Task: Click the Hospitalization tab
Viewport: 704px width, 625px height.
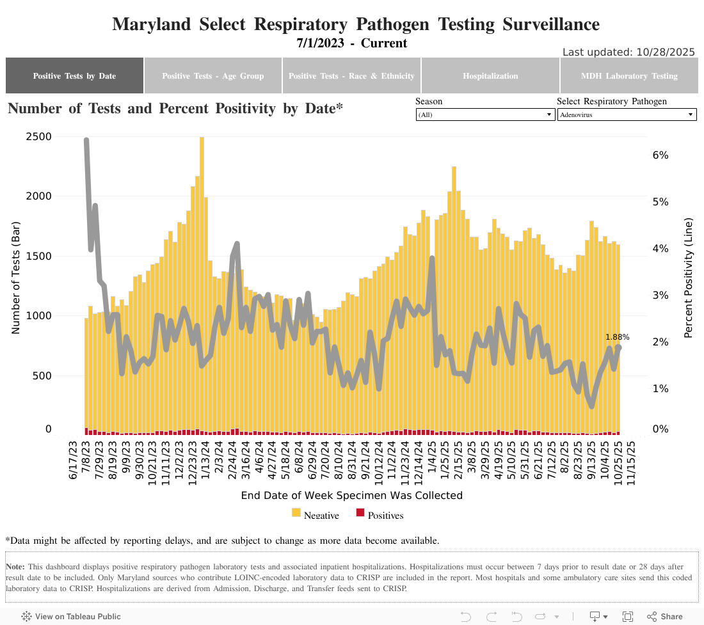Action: (x=490, y=75)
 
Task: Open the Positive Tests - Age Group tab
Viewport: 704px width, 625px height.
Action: (x=212, y=75)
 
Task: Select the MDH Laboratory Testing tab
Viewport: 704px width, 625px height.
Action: (x=629, y=75)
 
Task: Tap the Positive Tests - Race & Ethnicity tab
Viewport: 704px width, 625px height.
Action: (x=351, y=75)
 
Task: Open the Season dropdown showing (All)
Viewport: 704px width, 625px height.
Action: (x=485, y=115)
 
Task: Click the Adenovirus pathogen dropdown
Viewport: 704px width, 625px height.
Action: (x=627, y=115)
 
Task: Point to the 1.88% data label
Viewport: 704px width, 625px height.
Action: (x=618, y=336)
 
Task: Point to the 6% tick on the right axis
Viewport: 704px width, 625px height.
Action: (x=660, y=155)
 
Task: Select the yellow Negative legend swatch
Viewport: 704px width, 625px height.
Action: (x=296, y=512)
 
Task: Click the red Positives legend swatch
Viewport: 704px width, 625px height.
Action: (x=360, y=512)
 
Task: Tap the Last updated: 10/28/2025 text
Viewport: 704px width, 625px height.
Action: (x=628, y=52)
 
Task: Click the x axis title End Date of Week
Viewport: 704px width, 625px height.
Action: (x=351, y=495)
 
